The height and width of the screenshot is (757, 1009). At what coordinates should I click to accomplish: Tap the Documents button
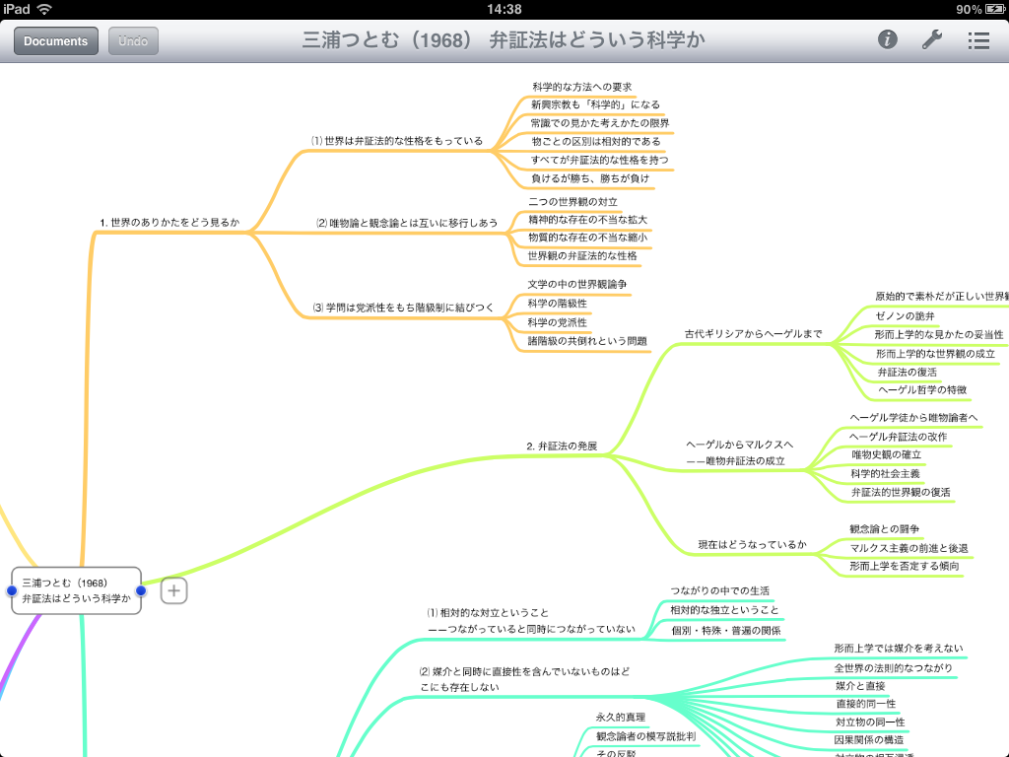55,40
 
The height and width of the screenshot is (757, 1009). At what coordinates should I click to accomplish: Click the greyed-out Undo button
133,40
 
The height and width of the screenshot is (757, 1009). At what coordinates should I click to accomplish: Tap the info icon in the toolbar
888,39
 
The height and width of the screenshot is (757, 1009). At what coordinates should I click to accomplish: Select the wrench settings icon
931,39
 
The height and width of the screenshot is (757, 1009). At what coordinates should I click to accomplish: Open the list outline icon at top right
978,40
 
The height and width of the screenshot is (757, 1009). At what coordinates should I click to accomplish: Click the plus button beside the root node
174,590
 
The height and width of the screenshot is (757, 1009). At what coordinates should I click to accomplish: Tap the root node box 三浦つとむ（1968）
77,590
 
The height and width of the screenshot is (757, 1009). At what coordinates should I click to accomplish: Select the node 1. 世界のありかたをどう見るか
169,223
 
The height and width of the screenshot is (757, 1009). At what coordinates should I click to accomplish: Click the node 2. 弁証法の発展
562,447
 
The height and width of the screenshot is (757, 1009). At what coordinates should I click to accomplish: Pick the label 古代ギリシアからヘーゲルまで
753,334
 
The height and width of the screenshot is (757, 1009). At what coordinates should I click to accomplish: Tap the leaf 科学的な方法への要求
581,87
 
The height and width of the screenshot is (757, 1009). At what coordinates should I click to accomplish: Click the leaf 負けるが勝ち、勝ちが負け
590,178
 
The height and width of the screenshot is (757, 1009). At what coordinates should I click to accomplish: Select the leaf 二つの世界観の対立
572,201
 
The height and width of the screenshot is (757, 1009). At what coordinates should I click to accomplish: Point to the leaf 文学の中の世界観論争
577,284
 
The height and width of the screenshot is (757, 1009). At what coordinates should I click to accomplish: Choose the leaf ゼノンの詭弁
905,315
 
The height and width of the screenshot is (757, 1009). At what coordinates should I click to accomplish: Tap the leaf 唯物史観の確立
887,454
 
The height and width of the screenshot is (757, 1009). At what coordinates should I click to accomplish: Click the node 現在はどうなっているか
752,544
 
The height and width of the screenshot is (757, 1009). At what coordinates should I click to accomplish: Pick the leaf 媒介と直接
860,685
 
